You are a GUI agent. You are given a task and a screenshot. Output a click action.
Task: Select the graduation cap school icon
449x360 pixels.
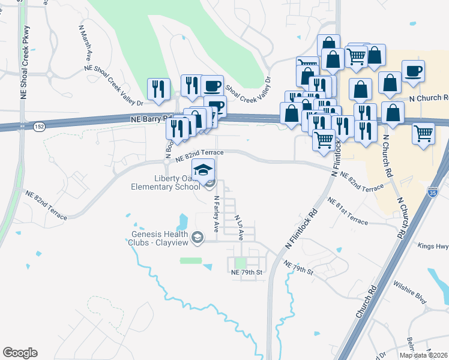coord(203,169)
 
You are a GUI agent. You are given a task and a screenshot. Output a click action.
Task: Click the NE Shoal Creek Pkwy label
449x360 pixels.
coord(24,62)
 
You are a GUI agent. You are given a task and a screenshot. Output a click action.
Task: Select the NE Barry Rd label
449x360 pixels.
coord(151,119)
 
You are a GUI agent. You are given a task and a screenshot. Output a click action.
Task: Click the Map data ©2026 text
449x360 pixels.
coord(424,355)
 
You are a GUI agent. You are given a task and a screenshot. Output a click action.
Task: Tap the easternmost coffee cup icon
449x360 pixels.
coord(413,71)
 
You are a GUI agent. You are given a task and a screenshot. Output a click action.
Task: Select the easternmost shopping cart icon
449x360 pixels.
coord(423,133)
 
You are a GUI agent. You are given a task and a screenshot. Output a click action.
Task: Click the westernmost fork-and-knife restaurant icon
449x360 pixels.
coord(157,89)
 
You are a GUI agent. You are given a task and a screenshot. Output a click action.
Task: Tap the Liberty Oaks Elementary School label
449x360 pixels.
coord(166,182)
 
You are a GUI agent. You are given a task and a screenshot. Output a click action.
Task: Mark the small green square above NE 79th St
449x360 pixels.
coord(241,263)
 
